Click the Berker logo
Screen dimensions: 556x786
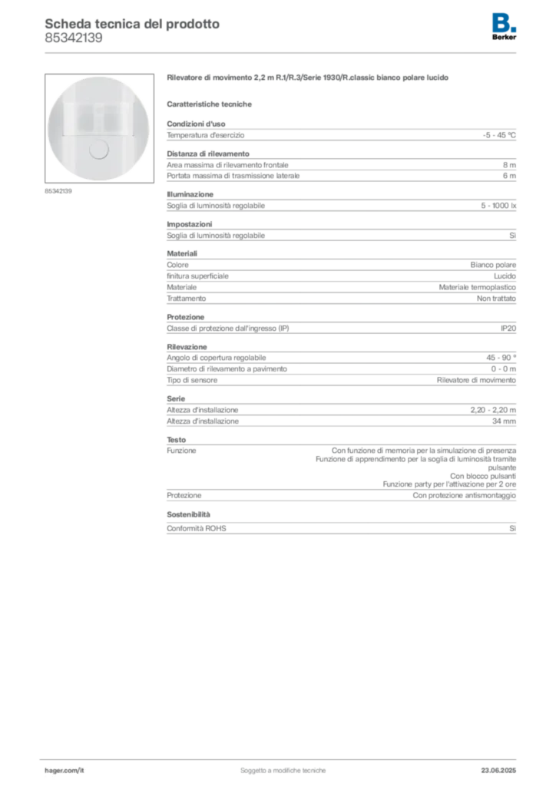504,27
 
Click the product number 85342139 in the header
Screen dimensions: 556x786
74,38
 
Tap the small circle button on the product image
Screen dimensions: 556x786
98,150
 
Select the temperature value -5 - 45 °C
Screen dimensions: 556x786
499,135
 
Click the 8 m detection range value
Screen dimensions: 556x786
509,165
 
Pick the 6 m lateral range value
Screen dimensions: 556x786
509,176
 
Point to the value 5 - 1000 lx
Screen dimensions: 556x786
498,206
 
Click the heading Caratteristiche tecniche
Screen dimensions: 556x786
209,104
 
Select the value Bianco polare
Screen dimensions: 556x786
493,265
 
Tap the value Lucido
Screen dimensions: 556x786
505,276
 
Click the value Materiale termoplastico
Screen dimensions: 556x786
478,287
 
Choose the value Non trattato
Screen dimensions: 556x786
496,299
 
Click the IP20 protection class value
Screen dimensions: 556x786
508,329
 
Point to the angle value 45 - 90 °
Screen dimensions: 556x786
501,358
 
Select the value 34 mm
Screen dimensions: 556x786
504,421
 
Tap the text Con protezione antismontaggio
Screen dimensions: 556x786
465,495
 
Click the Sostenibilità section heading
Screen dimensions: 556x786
188,515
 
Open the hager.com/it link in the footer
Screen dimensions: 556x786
65,771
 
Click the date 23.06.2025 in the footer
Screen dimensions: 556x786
498,771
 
